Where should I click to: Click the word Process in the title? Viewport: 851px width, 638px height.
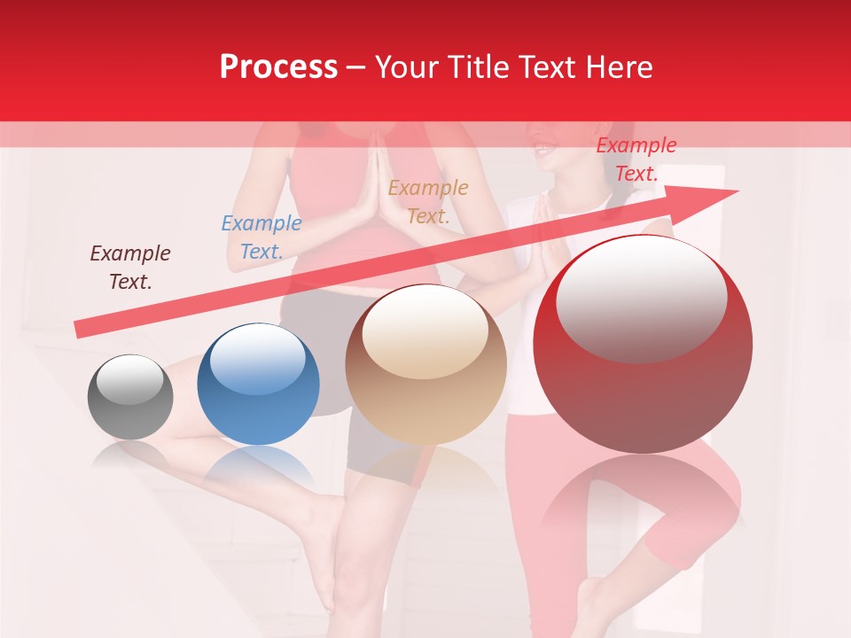(x=278, y=67)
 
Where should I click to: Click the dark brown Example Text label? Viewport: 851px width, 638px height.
(x=129, y=268)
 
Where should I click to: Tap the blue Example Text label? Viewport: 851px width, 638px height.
(x=261, y=237)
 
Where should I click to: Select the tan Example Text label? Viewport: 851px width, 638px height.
(x=428, y=201)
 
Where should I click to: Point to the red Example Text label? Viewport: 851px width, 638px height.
(x=636, y=159)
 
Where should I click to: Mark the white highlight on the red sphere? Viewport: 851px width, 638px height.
(x=641, y=297)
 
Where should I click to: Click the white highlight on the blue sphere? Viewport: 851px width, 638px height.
(x=257, y=358)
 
